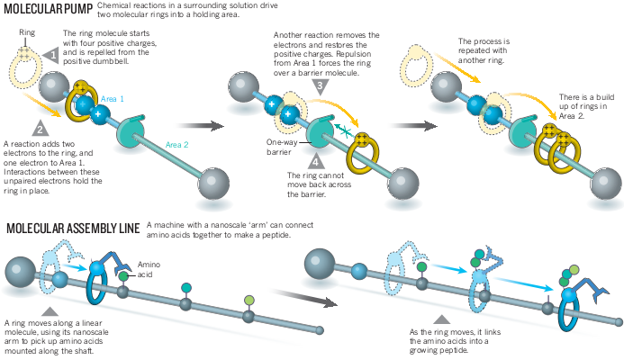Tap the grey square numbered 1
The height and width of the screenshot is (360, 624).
click(x=52, y=55)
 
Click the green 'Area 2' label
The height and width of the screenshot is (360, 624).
click(x=176, y=145)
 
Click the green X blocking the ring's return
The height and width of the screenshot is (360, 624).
click(x=338, y=129)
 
